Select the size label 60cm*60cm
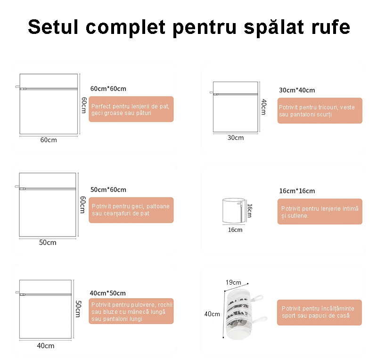(108, 89)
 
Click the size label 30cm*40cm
(297, 90)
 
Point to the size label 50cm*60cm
(108, 190)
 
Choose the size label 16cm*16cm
(297, 191)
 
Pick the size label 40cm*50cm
(108, 293)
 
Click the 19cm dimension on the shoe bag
(233, 282)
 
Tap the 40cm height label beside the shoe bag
(212, 314)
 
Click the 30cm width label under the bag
(236, 138)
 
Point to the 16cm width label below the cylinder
(235, 230)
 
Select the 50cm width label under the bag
(48, 242)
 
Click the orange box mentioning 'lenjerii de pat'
(131, 109)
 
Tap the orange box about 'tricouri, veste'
(320, 111)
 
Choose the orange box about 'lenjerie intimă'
(320, 212)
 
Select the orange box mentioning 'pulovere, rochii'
(131, 311)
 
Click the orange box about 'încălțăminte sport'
(320, 312)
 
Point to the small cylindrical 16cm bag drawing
(234, 211)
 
